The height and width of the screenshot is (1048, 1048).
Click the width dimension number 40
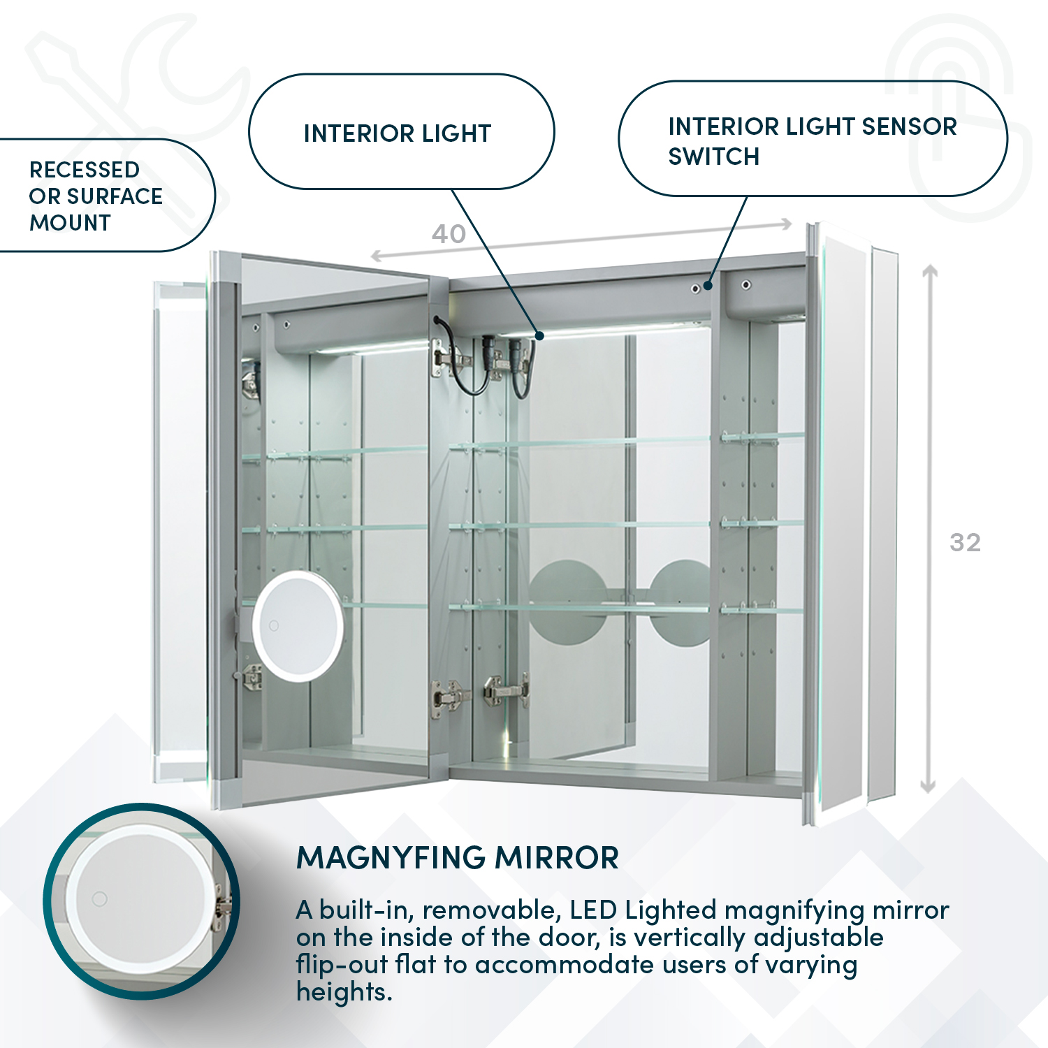pos(449,234)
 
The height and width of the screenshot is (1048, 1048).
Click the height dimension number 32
pos(965,543)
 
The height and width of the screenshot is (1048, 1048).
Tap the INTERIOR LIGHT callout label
pos(398,133)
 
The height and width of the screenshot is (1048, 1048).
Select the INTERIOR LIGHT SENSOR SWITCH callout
pos(812,140)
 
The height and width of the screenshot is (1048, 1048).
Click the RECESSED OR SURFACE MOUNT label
pos(96,196)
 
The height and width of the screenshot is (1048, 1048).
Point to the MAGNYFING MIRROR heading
pos(458,858)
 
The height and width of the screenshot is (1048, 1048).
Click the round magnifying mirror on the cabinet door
pos(298,626)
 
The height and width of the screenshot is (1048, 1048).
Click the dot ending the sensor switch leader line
pos(708,285)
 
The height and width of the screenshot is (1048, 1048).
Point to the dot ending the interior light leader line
pos(539,336)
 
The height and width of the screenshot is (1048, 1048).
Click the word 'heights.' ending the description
pos(344,992)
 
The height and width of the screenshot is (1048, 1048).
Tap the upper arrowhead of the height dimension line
pos(929,270)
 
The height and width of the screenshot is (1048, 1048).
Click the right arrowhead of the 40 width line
pos(787,224)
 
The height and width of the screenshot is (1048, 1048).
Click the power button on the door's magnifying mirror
pos(274,626)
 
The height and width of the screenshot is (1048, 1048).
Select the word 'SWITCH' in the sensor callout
pos(713,157)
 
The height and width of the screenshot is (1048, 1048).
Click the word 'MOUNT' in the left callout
pos(70,223)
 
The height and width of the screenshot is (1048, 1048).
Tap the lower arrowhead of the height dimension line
pos(928,787)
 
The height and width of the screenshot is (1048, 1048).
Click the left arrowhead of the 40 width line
pos(376,256)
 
